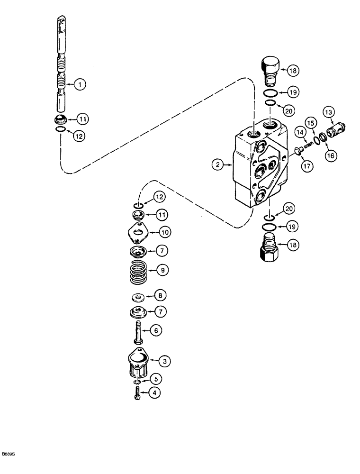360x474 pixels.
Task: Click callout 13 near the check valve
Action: (329, 112)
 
